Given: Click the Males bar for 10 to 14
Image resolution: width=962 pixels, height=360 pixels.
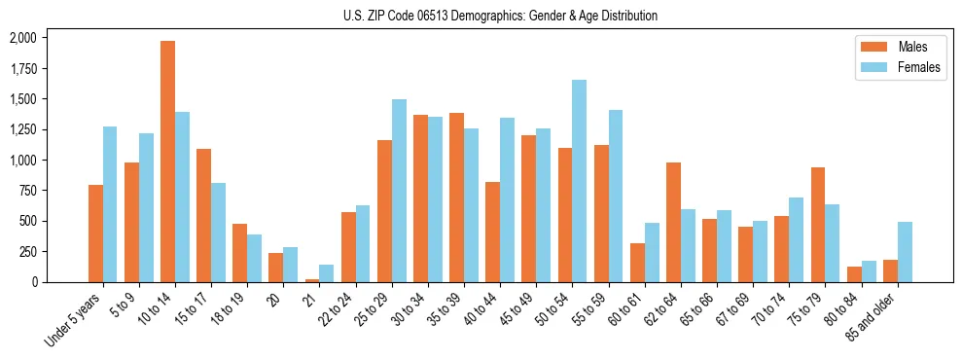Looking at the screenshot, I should coord(167,162).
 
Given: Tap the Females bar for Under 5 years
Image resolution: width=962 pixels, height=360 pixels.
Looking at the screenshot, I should coord(110,204).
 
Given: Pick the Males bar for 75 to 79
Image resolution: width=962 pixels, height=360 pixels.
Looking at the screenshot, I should coord(818,225).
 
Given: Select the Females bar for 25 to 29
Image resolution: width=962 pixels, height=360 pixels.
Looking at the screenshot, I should coord(399,191).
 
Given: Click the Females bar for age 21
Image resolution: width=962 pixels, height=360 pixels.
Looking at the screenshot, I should coord(327,273).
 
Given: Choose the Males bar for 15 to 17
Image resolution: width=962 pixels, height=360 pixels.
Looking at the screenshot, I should coord(203,215).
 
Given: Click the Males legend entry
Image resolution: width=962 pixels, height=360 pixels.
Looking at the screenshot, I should coord(893,47).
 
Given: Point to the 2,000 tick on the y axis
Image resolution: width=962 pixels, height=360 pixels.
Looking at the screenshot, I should coord(22,38).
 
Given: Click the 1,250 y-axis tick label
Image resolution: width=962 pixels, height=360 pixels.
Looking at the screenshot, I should coord(22,129).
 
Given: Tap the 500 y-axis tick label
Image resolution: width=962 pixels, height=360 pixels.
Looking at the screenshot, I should coord(28,221).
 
